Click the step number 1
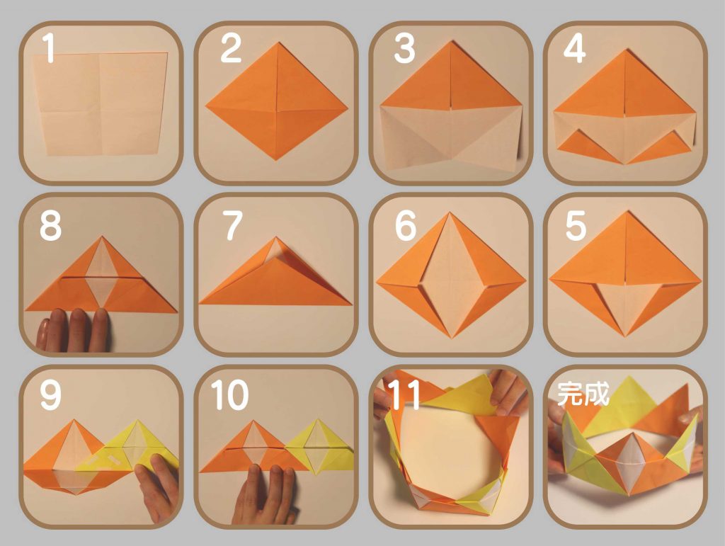(x=49, y=47)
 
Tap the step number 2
(x=230, y=47)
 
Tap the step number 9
(x=50, y=395)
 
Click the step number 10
(x=230, y=395)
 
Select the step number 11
(x=404, y=395)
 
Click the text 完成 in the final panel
(x=583, y=394)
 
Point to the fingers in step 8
(x=74, y=329)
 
